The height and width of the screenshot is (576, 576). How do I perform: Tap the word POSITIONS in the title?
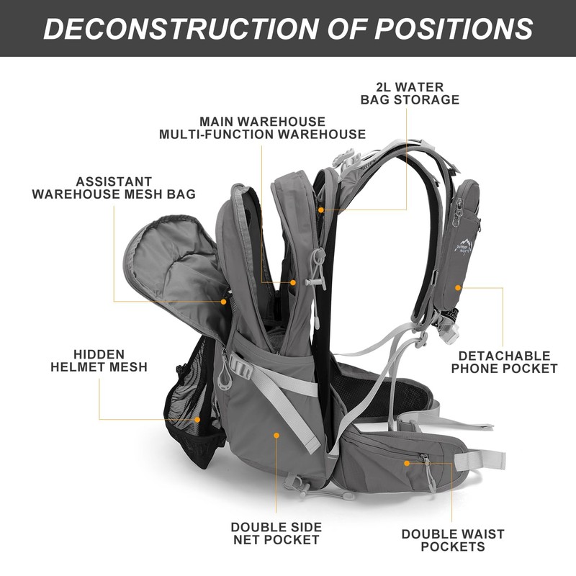pyautogui.click(x=454, y=28)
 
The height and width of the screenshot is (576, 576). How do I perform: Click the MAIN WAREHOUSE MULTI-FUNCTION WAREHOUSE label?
pyautogui.click(x=262, y=128)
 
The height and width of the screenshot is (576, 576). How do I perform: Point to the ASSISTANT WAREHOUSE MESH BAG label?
pyautogui.click(x=114, y=188)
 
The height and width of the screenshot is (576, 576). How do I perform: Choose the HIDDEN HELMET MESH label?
pyautogui.click(x=99, y=361)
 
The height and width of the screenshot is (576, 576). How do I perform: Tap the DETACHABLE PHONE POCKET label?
pyautogui.click(x=508, y=362)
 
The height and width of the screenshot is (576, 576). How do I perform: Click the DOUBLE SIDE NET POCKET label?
pyautogui.click(x=276, y=534)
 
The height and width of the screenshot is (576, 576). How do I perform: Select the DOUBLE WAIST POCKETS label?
pyautogui.click(x=453, y=541)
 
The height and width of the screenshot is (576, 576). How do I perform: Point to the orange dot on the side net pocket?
pyautogui.click(x=276, y=434)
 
